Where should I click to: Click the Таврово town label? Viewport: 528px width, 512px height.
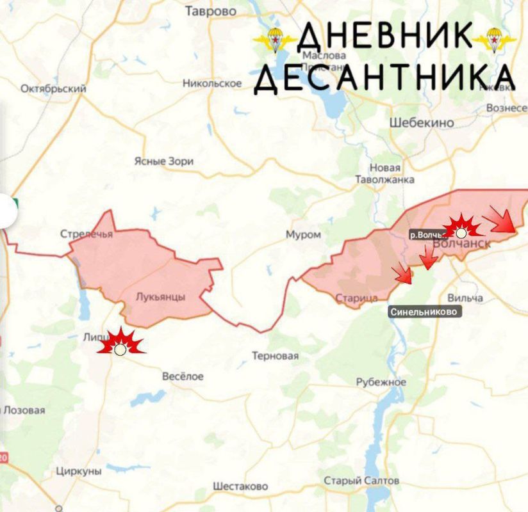click(x=210, y=12)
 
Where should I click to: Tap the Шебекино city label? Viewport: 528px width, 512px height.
click(x=422, y=122)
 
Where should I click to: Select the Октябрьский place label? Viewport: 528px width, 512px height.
click(x=53, y=89)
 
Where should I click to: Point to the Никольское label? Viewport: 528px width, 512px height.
click(x=212, y=83)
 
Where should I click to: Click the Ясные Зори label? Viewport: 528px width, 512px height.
click(x=163, y=161)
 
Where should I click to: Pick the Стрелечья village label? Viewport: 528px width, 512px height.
click(x=87, y=234)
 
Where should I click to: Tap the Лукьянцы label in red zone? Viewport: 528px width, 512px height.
click(x=161, y=297)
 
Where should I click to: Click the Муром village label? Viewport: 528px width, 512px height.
click(x=303, y=235)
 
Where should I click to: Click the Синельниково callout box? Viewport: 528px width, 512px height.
click(x=425, y=312)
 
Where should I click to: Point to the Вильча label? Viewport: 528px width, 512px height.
click(x=465, y=298)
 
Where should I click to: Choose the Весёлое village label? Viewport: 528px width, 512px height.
click(x=183, y=376)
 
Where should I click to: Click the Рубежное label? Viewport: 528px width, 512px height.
click(x=381, y=382)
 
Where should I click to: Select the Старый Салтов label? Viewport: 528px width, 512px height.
click(x=361, y=481)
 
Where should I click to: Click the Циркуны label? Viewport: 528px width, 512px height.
click(x=79, y=471)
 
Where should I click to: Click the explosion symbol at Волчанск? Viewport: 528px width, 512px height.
click(x=461, y=229)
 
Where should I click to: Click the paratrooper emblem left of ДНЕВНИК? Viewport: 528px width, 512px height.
click(x=274, y=40)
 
